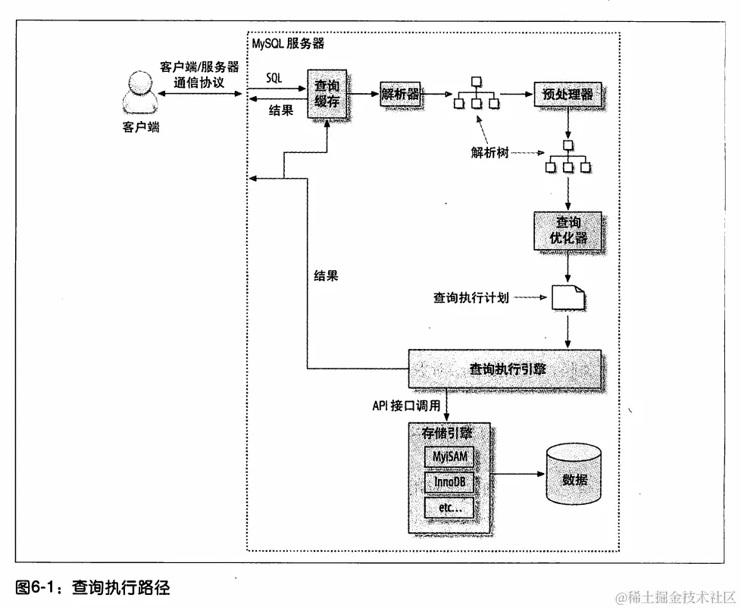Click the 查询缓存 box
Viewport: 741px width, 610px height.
click(327, 94)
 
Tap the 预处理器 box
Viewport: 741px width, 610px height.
click(567, 95)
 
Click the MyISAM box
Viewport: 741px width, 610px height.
click(449, 457)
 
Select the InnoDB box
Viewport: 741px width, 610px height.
click(449, 482)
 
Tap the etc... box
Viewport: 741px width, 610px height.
click(449, 507)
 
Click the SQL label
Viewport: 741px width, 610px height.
click(274, 78)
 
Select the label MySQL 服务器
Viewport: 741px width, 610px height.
click(288, 44)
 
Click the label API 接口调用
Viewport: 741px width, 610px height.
click(406, 406)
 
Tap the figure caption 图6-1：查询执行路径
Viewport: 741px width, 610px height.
click(92, 587)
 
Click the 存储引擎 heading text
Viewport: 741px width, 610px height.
click(446, 433)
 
